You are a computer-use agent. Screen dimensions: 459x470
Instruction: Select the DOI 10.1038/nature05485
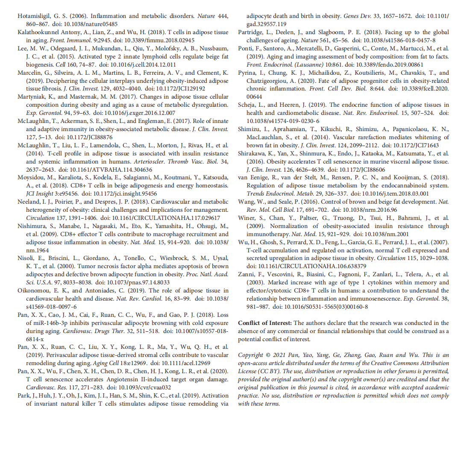click(x=89, y=24)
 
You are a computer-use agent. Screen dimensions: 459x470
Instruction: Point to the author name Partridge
click(x=252, y=32)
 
